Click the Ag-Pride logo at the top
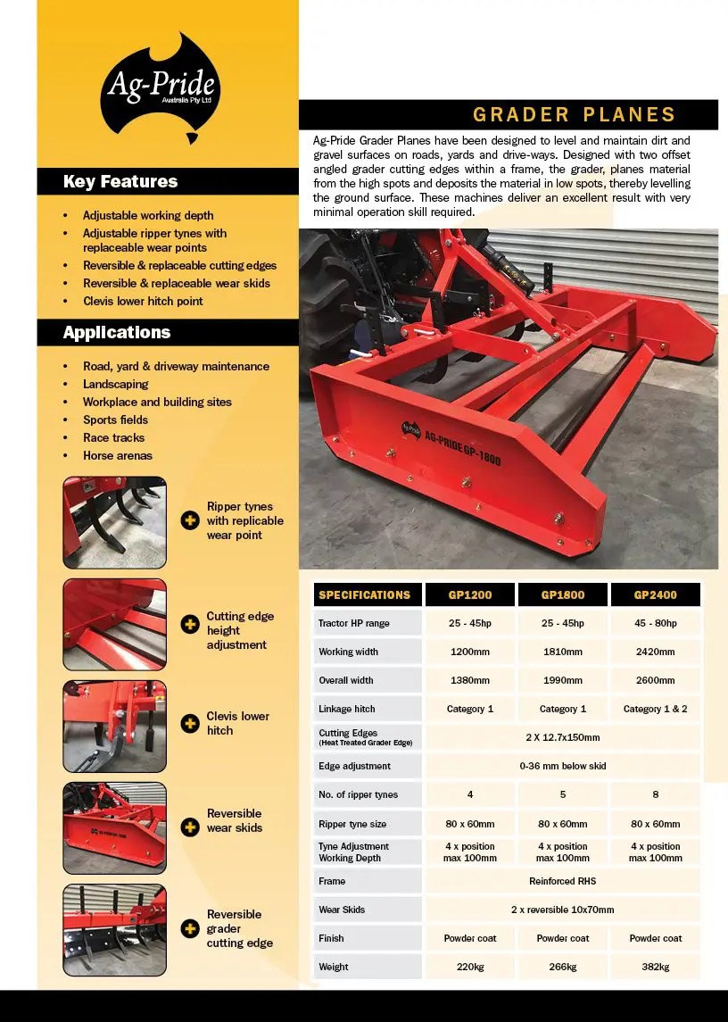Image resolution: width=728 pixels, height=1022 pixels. point(161,87)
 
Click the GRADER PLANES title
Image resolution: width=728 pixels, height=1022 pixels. point(574,114)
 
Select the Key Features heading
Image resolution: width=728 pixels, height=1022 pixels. point(120,181)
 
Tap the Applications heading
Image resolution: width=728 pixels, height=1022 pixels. point(117,332)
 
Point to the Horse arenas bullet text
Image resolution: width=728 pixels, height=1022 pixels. point(118,455)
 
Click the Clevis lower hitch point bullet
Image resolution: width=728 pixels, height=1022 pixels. point(143,301)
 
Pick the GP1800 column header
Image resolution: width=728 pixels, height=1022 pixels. point(563,594)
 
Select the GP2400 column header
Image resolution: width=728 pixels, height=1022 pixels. point(656,594)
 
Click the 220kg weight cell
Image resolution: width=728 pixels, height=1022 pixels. point(470,967)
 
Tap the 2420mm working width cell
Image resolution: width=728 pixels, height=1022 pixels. point(656,652)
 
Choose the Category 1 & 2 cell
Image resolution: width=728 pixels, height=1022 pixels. point(656,709)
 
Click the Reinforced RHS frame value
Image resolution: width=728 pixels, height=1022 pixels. point(563,881)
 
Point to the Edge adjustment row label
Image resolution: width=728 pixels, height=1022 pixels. point(354,766)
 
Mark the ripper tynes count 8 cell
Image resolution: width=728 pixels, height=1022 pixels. point(656,794)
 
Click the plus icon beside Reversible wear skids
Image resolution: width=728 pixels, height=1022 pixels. point(190,827)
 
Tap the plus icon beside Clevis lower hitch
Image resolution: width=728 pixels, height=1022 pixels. point(190,723)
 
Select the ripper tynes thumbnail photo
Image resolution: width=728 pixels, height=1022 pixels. point(114,522)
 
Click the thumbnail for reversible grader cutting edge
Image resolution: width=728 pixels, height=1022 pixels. point(114,929)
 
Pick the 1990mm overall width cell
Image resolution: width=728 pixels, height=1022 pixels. point(563,680)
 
